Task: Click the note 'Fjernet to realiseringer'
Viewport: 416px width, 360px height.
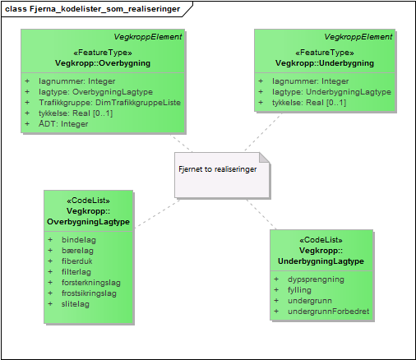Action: pos(217,168)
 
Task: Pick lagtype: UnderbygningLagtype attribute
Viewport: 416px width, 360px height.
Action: pos(331,92)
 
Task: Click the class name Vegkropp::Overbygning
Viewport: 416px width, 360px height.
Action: pos(103,62)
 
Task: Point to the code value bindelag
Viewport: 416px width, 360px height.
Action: pos(79,239)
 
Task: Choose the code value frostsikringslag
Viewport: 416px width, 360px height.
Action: pos(90,293)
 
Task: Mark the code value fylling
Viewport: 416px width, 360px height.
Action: pos(300,290)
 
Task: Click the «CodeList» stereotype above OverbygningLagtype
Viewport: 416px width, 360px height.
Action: pos(88,200)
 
